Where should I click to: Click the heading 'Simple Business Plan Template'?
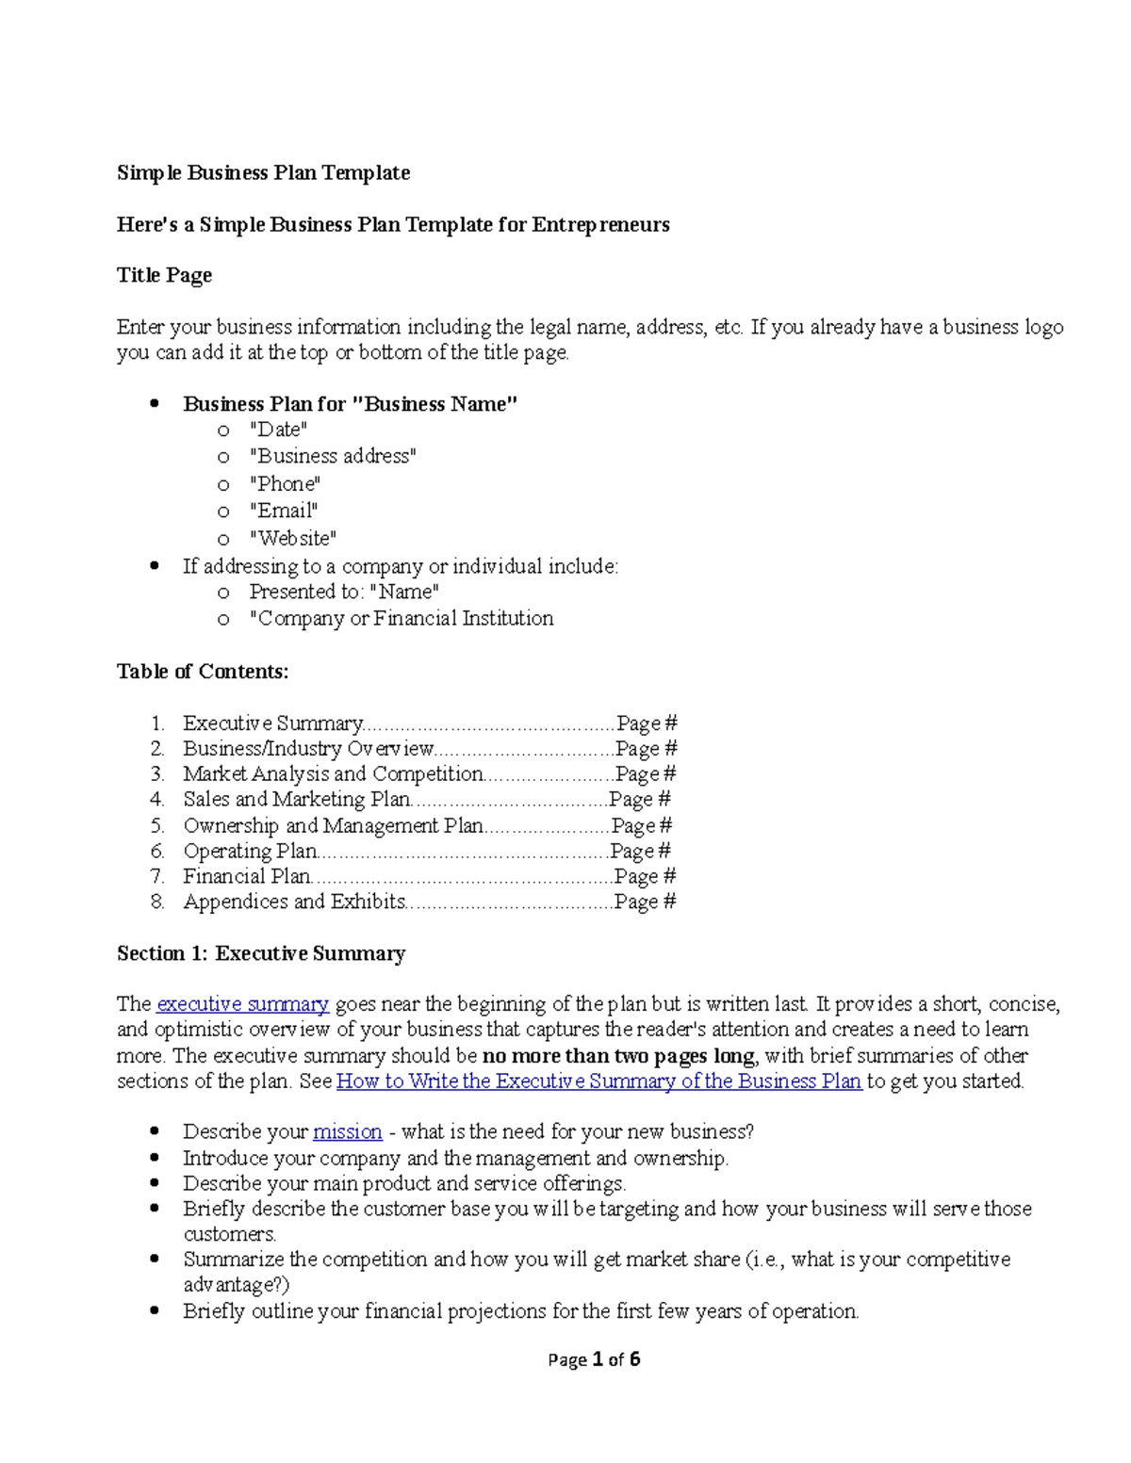(x=263, y=173)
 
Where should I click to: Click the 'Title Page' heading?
(x=164, y=275)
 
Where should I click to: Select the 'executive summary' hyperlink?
(x=242, y=1004)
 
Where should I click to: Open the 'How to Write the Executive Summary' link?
(x=598, y=1081)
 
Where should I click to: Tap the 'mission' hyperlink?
(x=347, y=1132)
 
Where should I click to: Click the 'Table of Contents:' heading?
(x=203, y=672)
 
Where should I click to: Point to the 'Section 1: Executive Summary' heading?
(x=261, y=953)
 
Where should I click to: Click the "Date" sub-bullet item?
(x=278, y=431)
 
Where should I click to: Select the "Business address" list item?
(x=332, y=457)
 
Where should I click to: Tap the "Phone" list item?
(x=285, y=484)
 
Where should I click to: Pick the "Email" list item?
(x=283, y=511)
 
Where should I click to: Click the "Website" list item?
(x=292, y=539)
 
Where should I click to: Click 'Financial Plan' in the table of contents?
(x=247, y=877)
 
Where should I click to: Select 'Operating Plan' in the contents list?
(x=250, y=852)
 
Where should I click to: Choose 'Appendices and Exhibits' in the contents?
(x=294, y=902)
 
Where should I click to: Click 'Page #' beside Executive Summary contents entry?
(x=647, y=724)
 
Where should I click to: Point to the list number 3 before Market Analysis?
(x=157, y=774)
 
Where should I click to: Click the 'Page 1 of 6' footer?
(x=594, y=1359)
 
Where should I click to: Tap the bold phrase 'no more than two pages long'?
(x=618, y=1056)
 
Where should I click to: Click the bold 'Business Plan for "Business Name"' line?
(x=351, y=404)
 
